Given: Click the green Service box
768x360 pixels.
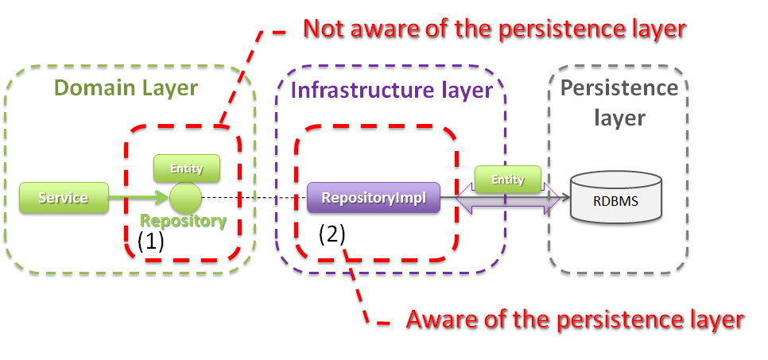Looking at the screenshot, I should point(64,197).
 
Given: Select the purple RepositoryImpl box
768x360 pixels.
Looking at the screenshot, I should point(373,198).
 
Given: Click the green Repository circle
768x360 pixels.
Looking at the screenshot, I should point(184,197).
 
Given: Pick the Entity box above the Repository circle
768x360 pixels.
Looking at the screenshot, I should point(187,168).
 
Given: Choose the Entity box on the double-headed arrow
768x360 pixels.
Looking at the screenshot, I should point(508,180).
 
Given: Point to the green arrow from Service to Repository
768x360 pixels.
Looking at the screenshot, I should point(138,197).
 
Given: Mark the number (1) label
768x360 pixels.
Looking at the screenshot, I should point(151,242).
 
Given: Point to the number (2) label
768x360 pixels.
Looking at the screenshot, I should point(332,234).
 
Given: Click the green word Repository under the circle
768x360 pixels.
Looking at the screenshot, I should point(184,221).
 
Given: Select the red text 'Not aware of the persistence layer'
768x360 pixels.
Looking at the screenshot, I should point(494,29).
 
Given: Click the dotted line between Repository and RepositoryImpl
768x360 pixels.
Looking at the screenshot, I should point(254,197).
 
